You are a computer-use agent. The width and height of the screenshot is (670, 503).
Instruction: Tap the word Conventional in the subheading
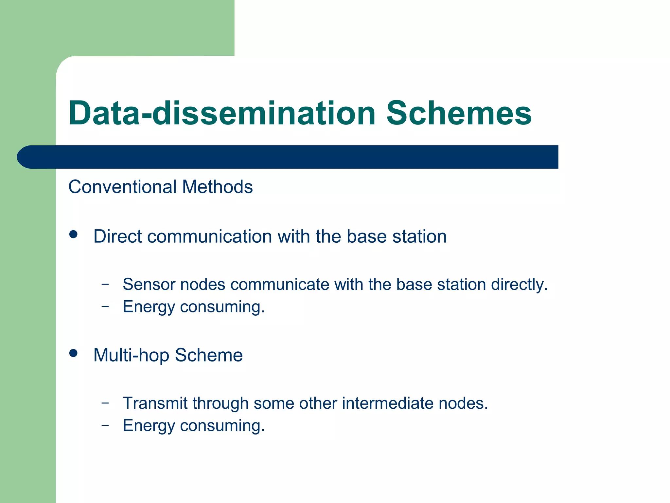pos(122,187)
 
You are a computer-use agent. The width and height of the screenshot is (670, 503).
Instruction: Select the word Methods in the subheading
pos(217,187)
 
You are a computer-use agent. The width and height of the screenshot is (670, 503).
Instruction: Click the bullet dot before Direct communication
pos(73,234)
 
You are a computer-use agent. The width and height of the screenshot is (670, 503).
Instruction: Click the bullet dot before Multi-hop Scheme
pos(73,353)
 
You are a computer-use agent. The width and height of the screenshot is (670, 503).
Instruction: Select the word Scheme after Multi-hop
pos(209,355)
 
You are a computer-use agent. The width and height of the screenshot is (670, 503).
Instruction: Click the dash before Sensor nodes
pos(105,284)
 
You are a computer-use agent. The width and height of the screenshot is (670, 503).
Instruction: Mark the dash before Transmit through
pos(105,403)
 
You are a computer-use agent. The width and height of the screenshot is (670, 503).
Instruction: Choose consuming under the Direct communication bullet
pos(222,307)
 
